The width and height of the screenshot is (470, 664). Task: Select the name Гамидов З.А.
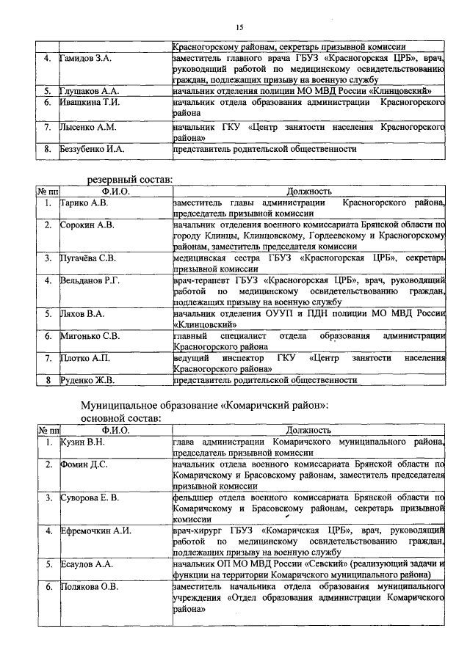(85, 57)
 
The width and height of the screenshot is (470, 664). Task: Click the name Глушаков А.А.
(87, 91)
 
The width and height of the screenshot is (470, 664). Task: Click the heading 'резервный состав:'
(131, 179)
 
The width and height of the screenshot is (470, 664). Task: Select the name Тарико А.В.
(83, 203)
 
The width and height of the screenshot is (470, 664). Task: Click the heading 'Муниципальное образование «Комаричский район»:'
(204, 405)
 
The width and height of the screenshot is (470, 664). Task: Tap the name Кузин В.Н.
(82, 442)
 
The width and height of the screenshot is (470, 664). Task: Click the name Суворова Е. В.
(90, 498)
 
